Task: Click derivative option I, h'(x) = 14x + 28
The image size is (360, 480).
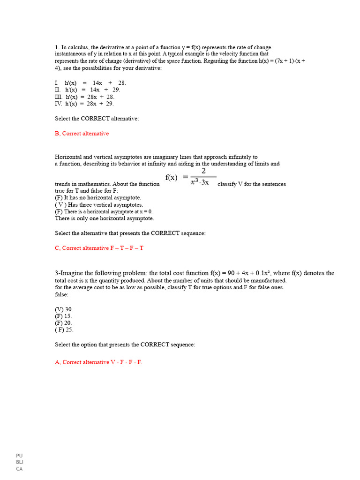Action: pos(90,83)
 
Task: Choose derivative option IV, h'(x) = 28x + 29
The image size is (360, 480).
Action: pos(84,104)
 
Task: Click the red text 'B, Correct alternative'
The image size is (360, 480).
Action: pos(82,134)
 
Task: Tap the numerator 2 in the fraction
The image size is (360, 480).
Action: pos(203,171)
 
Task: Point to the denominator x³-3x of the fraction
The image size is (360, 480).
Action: pos(200,182)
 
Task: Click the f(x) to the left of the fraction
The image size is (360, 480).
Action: pos(172,177)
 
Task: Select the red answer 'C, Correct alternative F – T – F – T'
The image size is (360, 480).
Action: pos(99,248)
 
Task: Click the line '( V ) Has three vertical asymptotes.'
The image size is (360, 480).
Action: pos(99,205)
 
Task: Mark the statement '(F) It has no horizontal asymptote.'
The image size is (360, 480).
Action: pos(98,198)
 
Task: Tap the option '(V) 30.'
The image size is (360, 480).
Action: pos(64,309)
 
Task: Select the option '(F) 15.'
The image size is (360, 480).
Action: pos(63,316)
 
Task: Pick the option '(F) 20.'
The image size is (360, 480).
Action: pos(63,323)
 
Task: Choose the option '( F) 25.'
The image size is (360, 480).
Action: pos(64,330)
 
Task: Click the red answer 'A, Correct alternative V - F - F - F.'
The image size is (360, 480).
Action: pos(98,362)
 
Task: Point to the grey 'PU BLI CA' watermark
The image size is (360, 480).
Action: pos(19,462)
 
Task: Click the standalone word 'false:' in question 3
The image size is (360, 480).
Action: pos(61,294)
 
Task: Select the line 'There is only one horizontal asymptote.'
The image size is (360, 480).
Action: pos(104,218)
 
